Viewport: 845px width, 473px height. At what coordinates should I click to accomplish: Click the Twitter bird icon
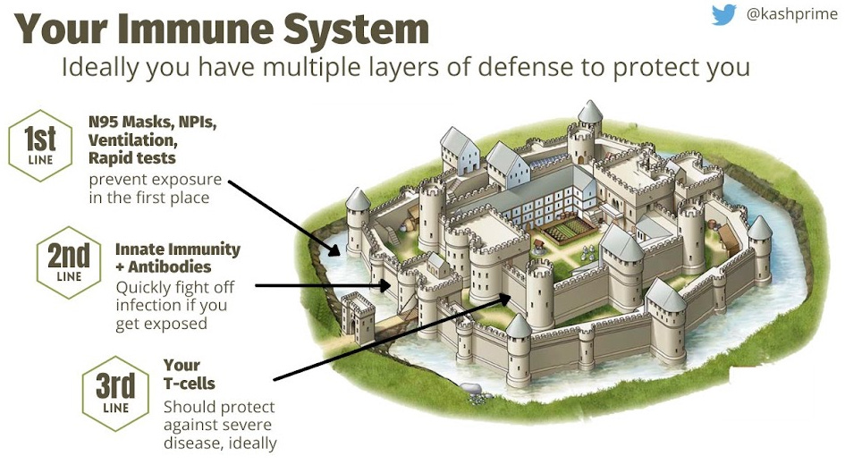tap(724, 15)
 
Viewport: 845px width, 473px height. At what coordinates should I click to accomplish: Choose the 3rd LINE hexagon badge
tap(115, 390)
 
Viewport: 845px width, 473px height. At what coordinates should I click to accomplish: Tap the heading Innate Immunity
tap(178, 249)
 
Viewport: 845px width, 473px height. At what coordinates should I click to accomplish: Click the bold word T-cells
tap(190, 384)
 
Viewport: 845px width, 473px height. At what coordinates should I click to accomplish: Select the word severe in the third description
tap(247, 424)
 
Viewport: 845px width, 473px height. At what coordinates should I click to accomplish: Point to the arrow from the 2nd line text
tap(322, 286)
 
